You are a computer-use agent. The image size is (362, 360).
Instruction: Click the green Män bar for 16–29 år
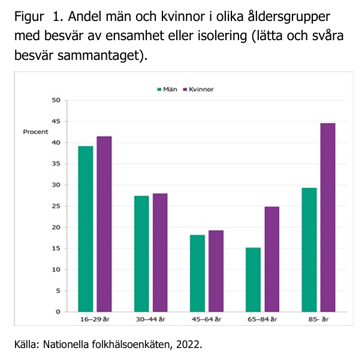(x=86, y=229)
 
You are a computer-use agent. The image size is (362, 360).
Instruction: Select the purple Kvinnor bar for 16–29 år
(x=104, y=224)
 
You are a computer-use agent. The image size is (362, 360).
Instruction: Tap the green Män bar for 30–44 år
(x=141, y=253)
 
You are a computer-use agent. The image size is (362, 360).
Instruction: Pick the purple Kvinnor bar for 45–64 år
(x=216, y=271)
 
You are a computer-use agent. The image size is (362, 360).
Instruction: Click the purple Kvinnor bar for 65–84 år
(x=271, y=259)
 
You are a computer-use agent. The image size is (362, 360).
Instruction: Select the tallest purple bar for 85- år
(x=327, y=217)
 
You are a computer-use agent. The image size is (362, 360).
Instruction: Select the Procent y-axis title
(x=35, y=132)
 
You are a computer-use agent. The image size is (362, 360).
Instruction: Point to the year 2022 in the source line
(x=190, y=345)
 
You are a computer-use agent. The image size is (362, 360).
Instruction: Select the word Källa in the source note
(x=26, y=345)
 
